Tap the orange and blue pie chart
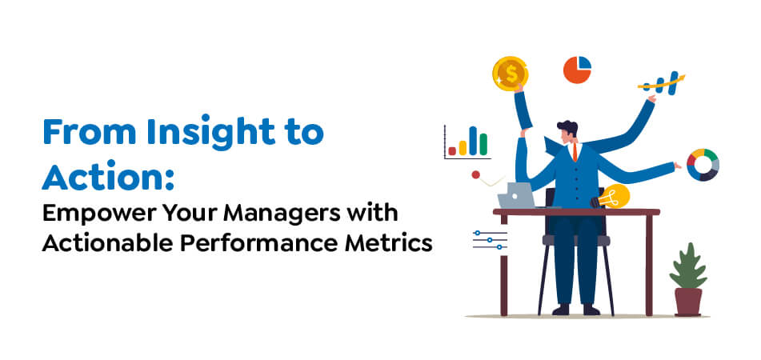coord(577,70)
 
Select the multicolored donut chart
coord(703,164)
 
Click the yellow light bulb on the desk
coord(614,195)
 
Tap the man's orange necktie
coord(574,151)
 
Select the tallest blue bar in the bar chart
coord(473,139)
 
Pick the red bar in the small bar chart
coord(452,150)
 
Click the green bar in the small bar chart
coord(483,143)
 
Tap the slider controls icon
coord(489,239)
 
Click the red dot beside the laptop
coord(476,174)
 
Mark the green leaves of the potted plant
coord(687,266)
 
